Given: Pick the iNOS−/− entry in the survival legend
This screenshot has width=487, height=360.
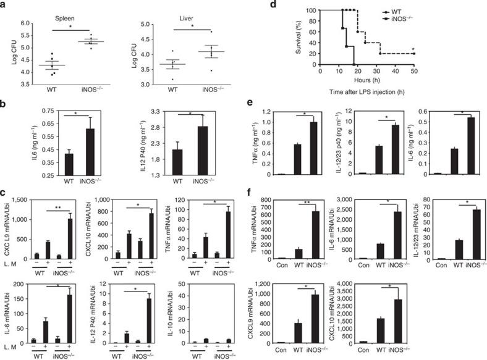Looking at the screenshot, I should [454, 19].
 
